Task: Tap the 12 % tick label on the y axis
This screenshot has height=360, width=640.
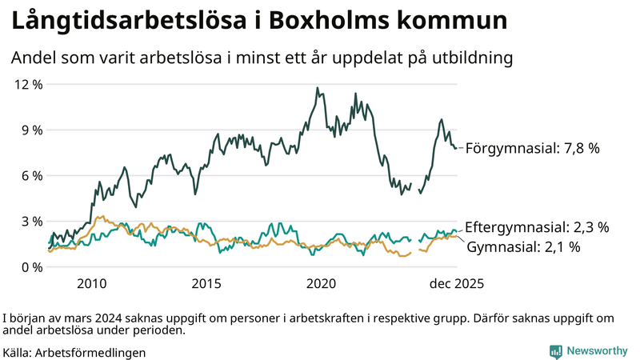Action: (29, 84)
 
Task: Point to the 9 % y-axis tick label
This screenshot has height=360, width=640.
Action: (32, 130)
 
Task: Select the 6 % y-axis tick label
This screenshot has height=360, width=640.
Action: (32, 175)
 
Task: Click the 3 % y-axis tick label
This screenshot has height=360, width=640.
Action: (32, 221)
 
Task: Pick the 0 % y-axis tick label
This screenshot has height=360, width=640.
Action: (32, 266)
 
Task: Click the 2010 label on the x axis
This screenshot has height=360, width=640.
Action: (92, 283)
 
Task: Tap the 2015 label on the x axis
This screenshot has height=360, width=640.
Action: (206, 283)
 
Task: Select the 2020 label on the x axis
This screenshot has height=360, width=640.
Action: (321, 283)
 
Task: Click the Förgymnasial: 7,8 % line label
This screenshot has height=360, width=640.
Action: (532, 148)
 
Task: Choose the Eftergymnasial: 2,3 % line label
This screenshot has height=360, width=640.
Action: (537, 227)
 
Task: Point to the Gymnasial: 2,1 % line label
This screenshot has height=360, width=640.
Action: (523, 247)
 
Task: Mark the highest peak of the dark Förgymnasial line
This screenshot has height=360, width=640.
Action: (317, 88)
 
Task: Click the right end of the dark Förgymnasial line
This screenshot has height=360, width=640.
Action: (457, 148)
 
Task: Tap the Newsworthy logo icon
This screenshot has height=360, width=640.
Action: (555, 351)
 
